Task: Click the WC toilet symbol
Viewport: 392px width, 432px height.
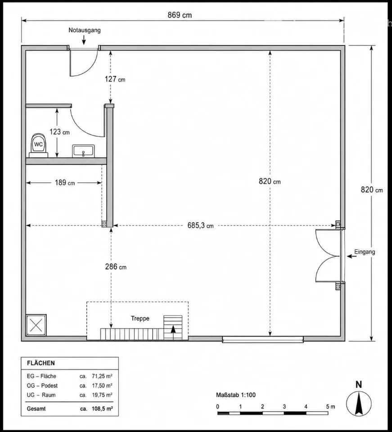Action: point(38,145)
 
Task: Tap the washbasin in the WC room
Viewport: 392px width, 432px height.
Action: point(83,151)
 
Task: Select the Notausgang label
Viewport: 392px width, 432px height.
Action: point(85,30)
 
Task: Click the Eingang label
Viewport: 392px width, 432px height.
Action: point(365,252)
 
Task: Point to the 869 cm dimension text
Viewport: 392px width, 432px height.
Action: point(180,15)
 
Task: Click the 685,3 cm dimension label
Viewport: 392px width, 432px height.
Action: point(201,225)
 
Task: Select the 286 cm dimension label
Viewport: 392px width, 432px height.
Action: point(116,267)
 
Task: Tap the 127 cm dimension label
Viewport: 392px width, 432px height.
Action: point(115,79)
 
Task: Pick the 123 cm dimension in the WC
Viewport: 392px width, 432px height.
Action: point(59,132)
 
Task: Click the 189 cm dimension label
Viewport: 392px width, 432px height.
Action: point(64,183)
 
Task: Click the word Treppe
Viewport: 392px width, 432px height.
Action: point(140,319)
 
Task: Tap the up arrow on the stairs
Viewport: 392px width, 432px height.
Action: point(173,332)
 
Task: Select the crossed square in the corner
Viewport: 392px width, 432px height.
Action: point(36,325)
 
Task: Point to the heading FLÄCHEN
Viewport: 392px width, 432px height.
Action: point(41,363)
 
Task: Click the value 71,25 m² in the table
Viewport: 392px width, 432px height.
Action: point(102,376)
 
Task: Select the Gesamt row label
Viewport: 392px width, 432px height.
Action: point(36,409)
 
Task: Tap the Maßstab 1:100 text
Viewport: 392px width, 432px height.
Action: point(236,395)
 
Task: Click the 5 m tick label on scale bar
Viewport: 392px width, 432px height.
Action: point(331,407)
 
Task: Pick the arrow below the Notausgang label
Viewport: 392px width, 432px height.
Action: point(84,40)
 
